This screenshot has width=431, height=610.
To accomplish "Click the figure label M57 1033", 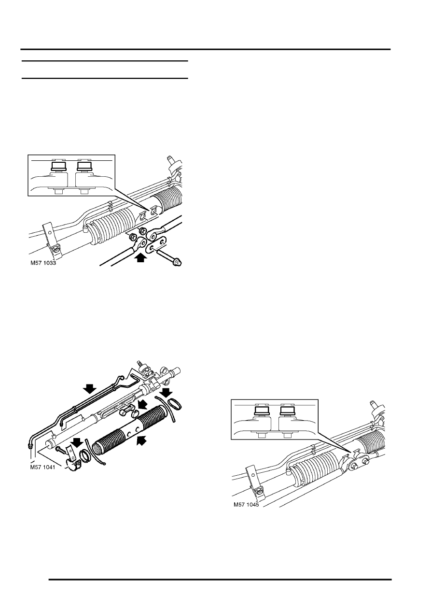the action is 43,263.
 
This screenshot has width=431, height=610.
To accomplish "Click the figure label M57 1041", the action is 42,467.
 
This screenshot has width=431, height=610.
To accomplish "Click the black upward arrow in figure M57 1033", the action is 140,257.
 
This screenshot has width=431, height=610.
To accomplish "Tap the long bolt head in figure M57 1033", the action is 177,263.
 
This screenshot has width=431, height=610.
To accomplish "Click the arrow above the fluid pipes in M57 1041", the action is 89,389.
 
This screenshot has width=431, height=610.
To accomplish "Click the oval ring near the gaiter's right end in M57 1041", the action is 174,404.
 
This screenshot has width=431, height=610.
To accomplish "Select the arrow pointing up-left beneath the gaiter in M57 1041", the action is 143,440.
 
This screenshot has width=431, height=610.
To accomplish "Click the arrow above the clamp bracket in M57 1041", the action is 77,441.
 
